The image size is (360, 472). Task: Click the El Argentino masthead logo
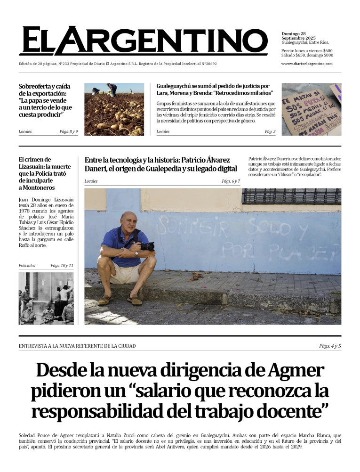click(143, 41)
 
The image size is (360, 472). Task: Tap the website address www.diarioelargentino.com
click(307, 64)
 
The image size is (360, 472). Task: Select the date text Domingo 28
click(294, 33)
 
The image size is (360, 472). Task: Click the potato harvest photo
click(114, 109)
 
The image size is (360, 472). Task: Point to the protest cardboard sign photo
click(311, 109)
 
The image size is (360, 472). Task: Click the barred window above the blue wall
click(291, 196)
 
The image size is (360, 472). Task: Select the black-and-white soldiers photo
click(46, 298)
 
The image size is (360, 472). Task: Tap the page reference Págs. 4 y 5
click(329, 346)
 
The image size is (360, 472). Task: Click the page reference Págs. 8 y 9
click(69, 131)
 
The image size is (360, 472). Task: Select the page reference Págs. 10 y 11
click(62, 266)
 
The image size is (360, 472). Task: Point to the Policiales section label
click(27, 266)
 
